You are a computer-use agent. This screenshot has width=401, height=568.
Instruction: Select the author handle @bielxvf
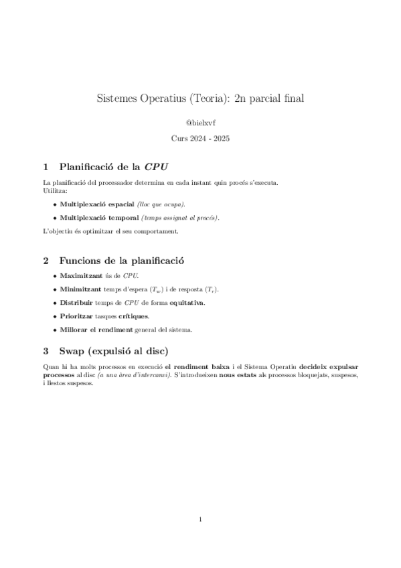(x=200, y=123)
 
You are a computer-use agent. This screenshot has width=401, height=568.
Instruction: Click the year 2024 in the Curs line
(x=202, y=139)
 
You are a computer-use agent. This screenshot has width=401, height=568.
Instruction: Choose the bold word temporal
(x=120, y=218)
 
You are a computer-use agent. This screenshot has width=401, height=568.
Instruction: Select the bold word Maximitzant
(x=81, y=275)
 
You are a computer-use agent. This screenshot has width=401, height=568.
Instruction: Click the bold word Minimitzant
(x=81, y=289)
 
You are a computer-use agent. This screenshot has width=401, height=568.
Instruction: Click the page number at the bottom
(x=200, y=519)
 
